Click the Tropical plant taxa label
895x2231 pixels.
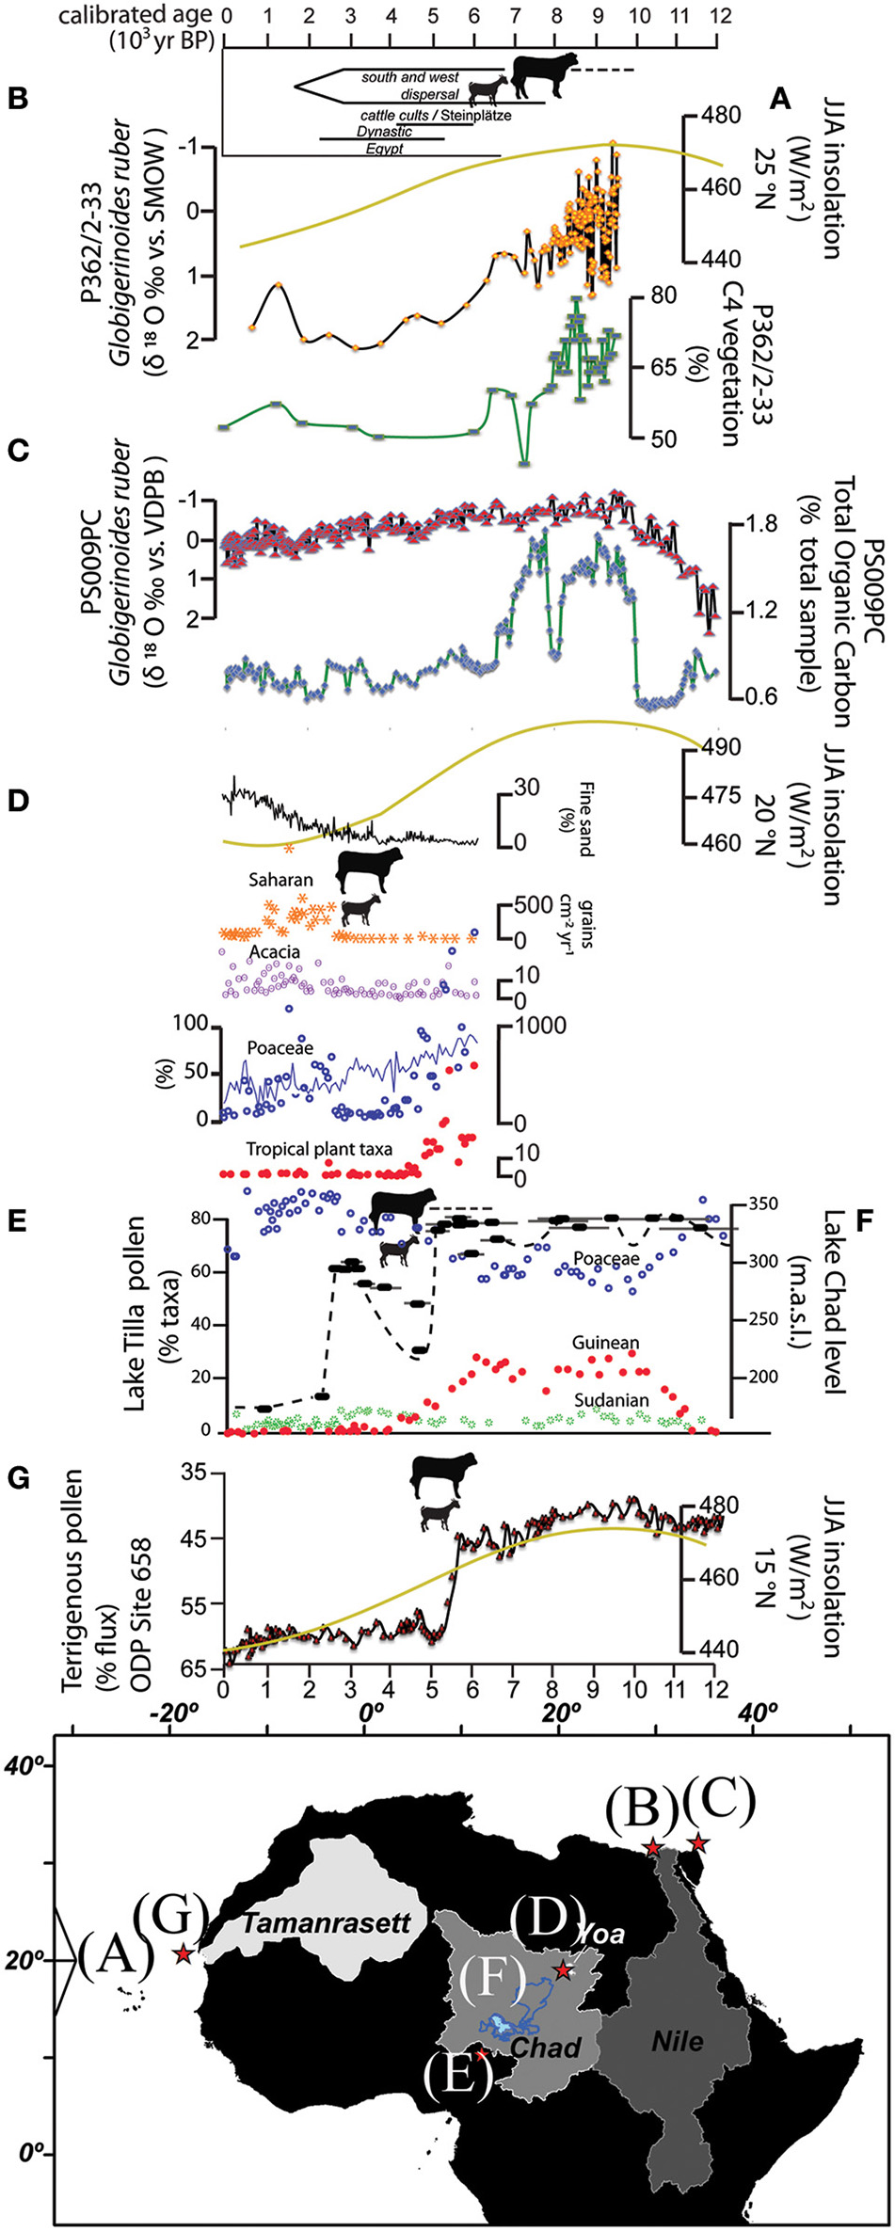(x=320, y=1149)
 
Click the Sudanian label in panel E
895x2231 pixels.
(x=613, y=1400)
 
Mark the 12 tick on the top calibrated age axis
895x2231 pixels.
(x=717, y=16)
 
